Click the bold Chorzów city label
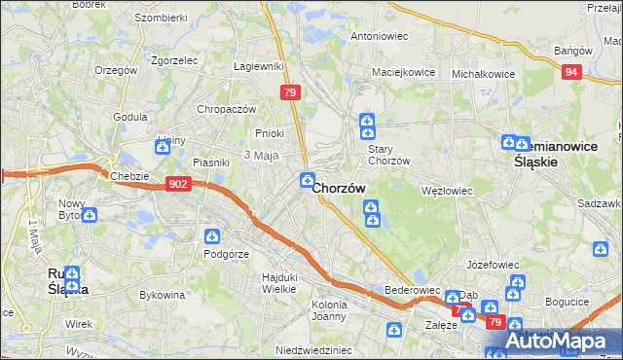[340, 189]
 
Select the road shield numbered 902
[178, 183]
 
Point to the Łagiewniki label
[259, 66]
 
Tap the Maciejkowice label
[399, 73]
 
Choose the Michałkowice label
[483, 73]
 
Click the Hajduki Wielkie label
[280, 283]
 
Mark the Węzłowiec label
[446, 191]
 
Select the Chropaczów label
[226, 109]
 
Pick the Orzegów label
[118, 70]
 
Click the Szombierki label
[161, 18]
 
